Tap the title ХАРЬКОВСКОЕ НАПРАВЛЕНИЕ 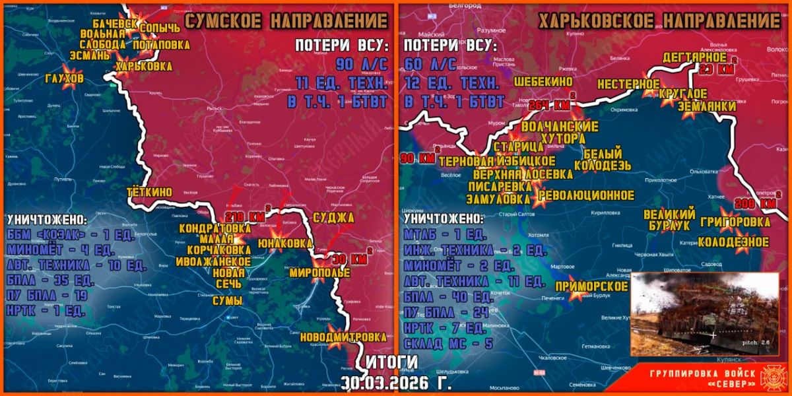coord(659,21)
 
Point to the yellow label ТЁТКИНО coord(150,192)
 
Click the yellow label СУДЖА coord(333,218)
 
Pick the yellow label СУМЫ coord(227,301)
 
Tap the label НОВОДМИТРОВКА coord(343,337)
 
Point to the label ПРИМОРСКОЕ coord(591,286)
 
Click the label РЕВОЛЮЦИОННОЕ coord(586,195)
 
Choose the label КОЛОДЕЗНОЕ coord(734,242)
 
